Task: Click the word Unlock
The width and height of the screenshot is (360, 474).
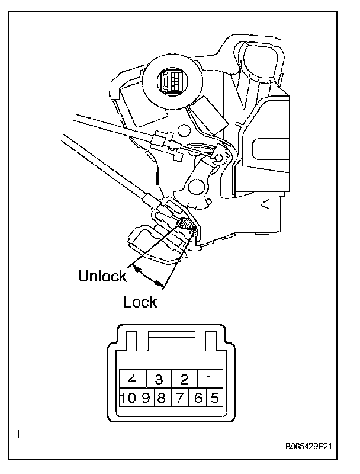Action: pyautogui.click(x=102, y=276)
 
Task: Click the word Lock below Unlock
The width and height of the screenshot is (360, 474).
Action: pyautogui.click(x=140, y=302)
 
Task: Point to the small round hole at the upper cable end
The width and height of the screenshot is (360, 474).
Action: pyautogui.click(x=217, y=158)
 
